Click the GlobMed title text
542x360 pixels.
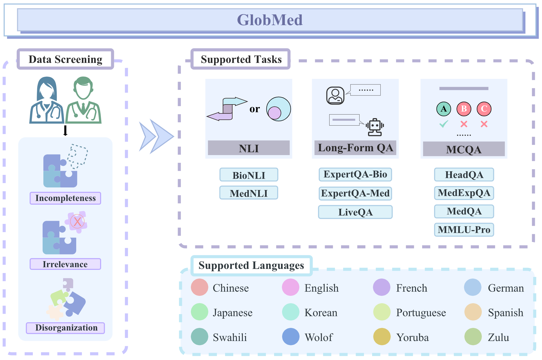(270, 20)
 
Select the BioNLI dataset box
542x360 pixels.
(249, 175)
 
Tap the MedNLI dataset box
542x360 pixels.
(249, 193)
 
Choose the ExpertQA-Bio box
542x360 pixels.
(355, 175)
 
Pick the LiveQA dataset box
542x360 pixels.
(355, 212)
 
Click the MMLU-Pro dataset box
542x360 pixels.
(464, 230)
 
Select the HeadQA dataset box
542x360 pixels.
(464, 175)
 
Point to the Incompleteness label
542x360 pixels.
(65, 198)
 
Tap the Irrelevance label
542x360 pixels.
(65, 264)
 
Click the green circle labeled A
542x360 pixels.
(443, 109)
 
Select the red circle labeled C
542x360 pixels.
(484, 109)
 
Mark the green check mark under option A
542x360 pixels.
(443, 124)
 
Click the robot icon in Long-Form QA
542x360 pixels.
(375, 127)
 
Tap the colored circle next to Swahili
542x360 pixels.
(200, 337)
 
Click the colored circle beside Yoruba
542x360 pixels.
(382, 337)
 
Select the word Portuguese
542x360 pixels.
(421, 313)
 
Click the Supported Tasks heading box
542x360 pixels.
(241, 59)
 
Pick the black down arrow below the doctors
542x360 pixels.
(65, 130)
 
